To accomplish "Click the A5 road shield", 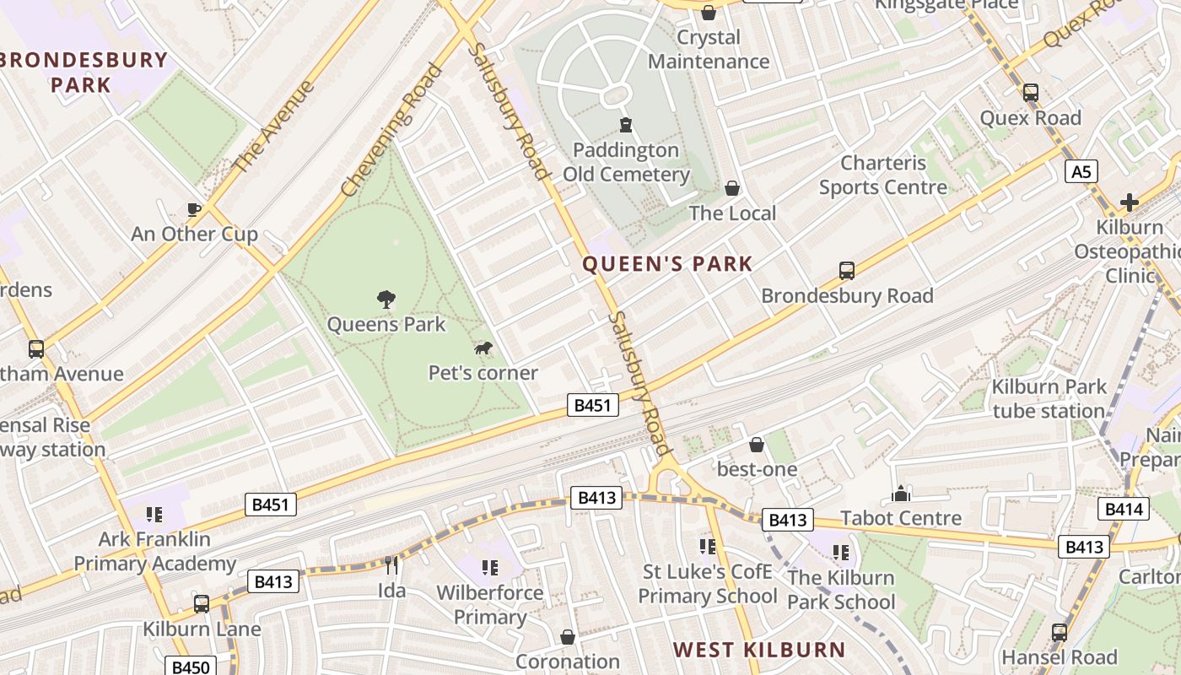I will [1081, 172].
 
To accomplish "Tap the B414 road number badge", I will [1123, 509].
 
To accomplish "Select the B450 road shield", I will [190, 667].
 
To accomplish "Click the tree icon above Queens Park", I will [386, 299].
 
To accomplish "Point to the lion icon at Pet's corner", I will [483, 348].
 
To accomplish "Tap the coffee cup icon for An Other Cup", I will [194, 209].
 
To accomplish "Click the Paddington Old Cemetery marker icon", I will [626, 126].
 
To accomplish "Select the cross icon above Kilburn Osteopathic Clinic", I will [1129, 202].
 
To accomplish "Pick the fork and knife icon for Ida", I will [391, 564].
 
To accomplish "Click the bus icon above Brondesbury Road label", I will [847, 271].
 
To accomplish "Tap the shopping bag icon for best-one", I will [757, 444].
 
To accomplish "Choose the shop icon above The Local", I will [732, 188].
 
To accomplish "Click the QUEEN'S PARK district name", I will [667, 264].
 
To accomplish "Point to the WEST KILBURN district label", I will [759, 650].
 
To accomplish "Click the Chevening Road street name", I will [391, 130].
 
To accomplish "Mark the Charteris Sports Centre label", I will [883, 175].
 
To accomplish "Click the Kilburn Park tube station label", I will [1049, 399].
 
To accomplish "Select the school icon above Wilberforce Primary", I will [489, 568].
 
